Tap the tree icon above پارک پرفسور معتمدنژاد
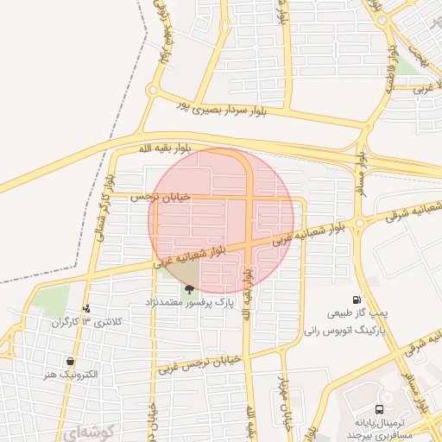(x=190, y=289)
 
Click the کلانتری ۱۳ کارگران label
(x=85, y=321)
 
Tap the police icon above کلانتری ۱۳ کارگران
(x=85, y=307)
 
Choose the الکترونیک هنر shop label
(x=69, y=375)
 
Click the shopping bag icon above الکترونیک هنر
(x=69, y=361)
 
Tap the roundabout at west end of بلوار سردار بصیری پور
(x=153, y=90)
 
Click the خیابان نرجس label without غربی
(x=159, y=197)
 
